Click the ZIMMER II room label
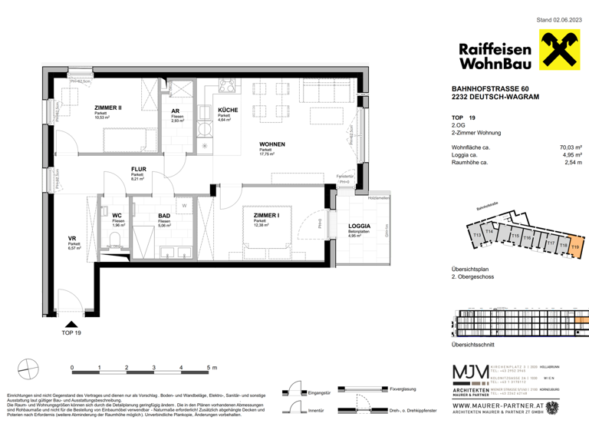(x=109, y=108)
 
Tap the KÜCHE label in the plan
(x=228, y=110)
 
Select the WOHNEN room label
(x=271, y=144)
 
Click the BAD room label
(x=165, y=216)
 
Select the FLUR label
(x=138, y=170)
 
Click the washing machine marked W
(x=185, y=206)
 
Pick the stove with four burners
(x=227, y=85)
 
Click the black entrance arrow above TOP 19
(x=71, y=326)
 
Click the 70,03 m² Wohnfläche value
(x=571, y=147)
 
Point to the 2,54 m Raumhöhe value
(x=573, y=164)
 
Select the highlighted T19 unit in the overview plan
(x=575, y=246)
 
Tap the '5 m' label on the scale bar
(x=211, y=369)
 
